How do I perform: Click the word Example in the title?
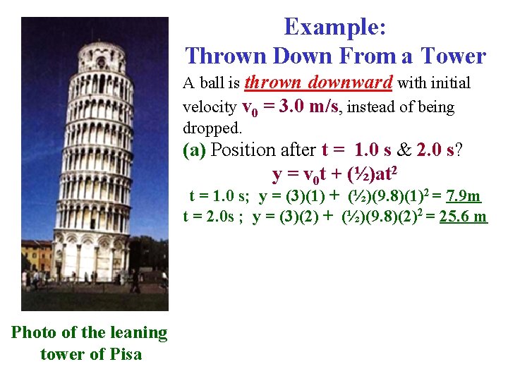334,27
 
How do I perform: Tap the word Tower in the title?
454,55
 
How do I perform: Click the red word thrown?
272,83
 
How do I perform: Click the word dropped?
212,128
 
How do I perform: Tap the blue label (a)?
195,150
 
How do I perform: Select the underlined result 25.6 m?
463,216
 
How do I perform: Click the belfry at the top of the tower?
102,56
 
